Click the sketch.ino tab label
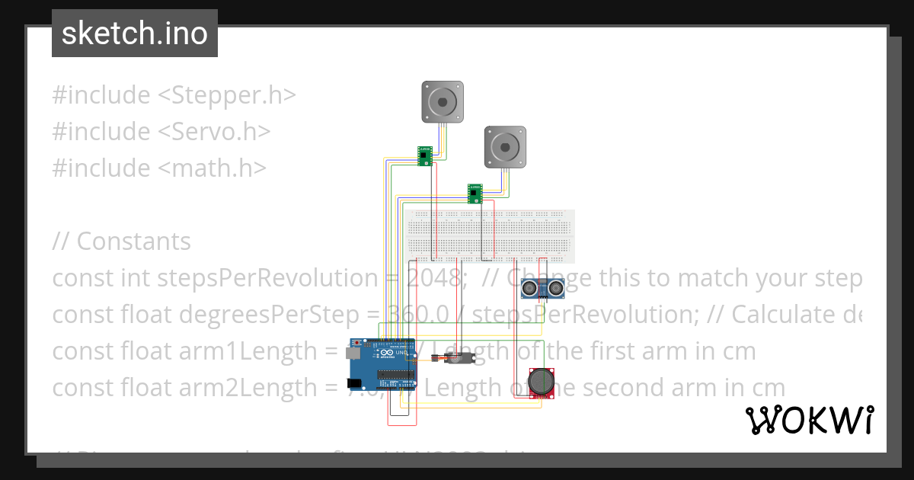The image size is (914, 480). [135, 34]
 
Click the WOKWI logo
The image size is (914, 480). [809, 420]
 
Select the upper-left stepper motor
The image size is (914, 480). [443, 102]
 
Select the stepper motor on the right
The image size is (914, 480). [505, 146]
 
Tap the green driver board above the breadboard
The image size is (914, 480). [475, 194]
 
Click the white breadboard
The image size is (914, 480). [491, 236]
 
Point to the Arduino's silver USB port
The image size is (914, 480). [353, 354]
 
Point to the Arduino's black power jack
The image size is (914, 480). [355, 384]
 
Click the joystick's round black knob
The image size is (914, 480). [542, 380]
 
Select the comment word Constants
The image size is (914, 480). [134, 242]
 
